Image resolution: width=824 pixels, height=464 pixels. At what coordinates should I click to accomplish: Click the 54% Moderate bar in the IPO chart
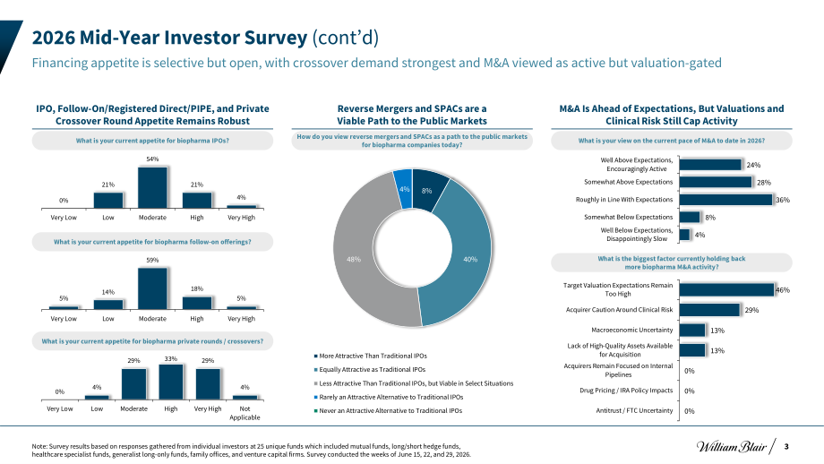click(152, 187)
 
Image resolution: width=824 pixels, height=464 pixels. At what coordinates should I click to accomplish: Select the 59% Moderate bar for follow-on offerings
click(152, 288)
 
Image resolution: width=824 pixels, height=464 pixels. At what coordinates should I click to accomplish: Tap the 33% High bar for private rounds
click(171, 382)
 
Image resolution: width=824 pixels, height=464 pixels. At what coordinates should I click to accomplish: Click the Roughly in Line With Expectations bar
click(725, 200)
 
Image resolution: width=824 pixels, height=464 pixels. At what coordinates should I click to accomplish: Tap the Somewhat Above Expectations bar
click(716, 182)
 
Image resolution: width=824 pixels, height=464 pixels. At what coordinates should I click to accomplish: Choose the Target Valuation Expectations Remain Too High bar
click(726, 289)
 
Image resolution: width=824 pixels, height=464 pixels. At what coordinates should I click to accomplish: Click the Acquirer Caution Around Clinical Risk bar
click(709, 310)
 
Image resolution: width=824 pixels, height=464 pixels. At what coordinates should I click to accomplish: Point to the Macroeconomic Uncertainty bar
click(692, 330)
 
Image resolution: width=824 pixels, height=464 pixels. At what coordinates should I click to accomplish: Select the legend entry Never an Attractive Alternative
click(389, 410)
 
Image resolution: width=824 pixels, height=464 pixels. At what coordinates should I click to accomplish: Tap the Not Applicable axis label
click(245, 413)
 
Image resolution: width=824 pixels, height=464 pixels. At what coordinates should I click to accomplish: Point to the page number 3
click(786, 447)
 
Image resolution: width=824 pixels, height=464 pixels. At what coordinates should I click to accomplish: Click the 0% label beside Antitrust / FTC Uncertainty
click(690, 411)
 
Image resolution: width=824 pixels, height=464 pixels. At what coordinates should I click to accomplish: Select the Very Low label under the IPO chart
click(64, 218)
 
